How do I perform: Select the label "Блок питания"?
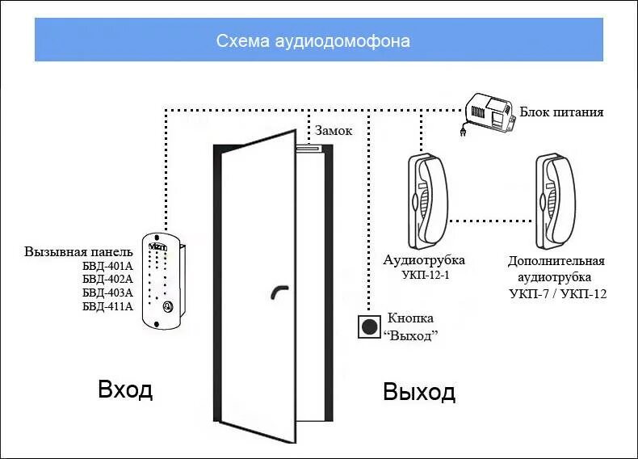tap(561, 112)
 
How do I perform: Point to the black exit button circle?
tap(369, 326)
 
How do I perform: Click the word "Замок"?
tap(334, 130)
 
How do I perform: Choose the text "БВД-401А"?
tap(107, 264)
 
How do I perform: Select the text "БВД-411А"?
tap(107, 305)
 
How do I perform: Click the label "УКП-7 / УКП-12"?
tap(558, 293)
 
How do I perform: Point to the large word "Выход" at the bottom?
tap(419, 392)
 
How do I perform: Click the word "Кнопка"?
tap(410, 318)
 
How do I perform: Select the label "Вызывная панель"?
tap(78, 251)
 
